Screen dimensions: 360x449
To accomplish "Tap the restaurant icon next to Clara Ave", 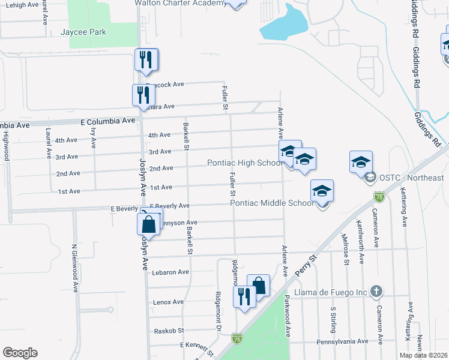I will point(143,95).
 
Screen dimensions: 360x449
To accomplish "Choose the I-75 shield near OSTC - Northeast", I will point(379,196).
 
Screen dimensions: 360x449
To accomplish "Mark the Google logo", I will point(20,353).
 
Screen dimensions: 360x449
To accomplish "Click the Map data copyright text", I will point(423,355).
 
